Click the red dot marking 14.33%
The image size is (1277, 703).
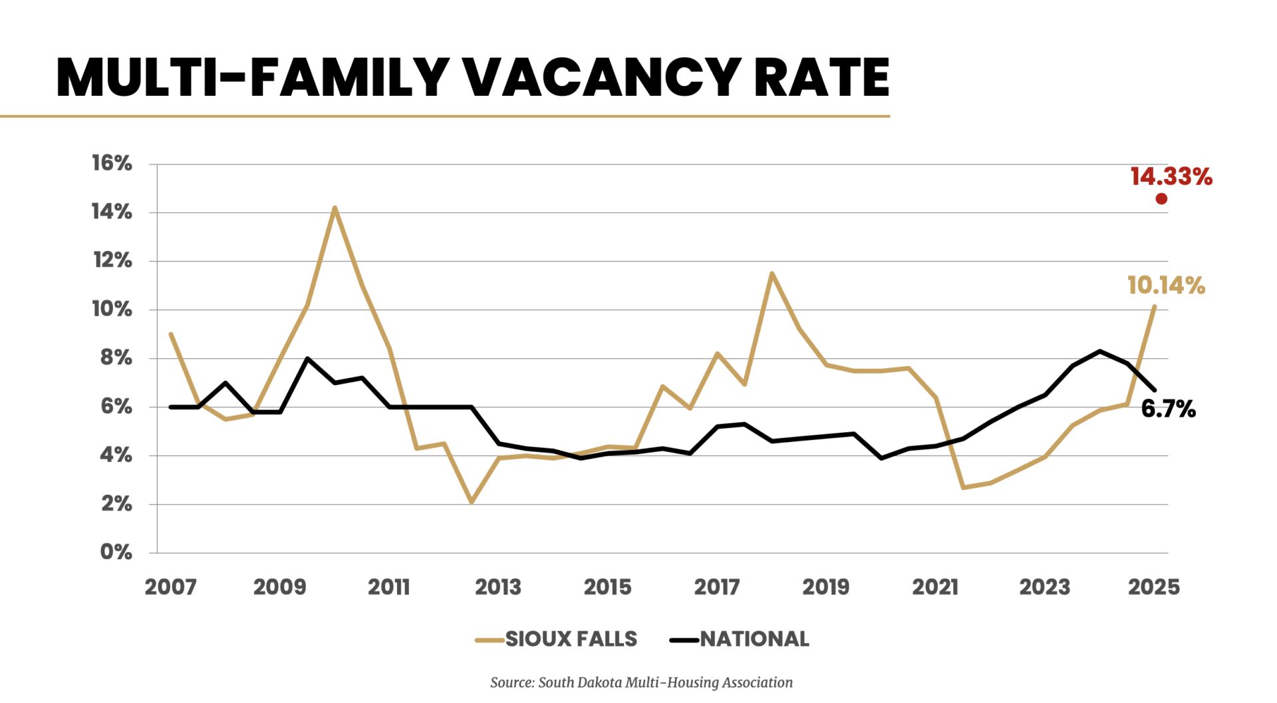pyautogui.click(x=1161, y=198)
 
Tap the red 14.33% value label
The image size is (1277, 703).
pyautogui.click(x=1171, y=176)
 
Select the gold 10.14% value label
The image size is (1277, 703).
pyautogui.click(x=1166, y=286)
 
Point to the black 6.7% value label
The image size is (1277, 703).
pyautogui.click(x=1168, y=409)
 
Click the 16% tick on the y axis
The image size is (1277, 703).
pyautogui.click(x=112, y=163)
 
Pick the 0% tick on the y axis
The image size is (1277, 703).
pyautogui.click(x=116, y=552)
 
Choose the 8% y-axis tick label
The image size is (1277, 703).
pyautogui.click(x=116, y=357)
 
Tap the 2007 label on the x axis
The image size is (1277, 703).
pyautogui.click(x=170, y=586)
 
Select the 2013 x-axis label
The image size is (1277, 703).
pyautogui.click(x=498, y=586)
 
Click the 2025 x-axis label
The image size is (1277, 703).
pyautogui.click(x=1154, y=586)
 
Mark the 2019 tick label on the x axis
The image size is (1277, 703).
pyautogui.click(x=825, y=586)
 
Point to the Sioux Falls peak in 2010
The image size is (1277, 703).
pyautogui.click(x=335, y=208)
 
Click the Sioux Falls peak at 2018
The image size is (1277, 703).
pyautogui.click(x=772, y=273)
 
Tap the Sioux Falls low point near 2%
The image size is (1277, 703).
pyautogui.click(x=472, y=502)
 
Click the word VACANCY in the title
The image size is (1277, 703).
pyautogui.click(x=602, y=77)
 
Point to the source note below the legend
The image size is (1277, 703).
pyautogui.click(x=641, y=682)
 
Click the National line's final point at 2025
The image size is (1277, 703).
pyautogui.click(x=1154, y=389)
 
